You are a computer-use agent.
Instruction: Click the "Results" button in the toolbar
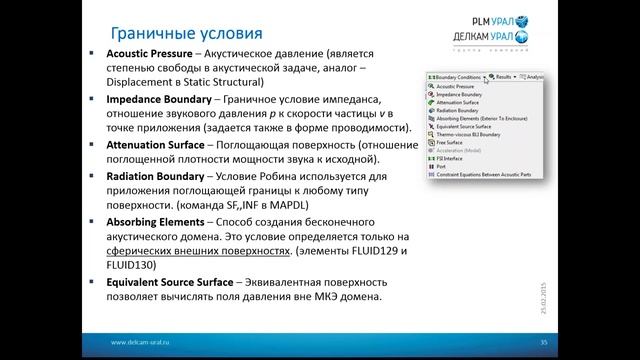point(503,76)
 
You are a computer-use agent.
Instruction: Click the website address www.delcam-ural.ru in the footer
point(144,341)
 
